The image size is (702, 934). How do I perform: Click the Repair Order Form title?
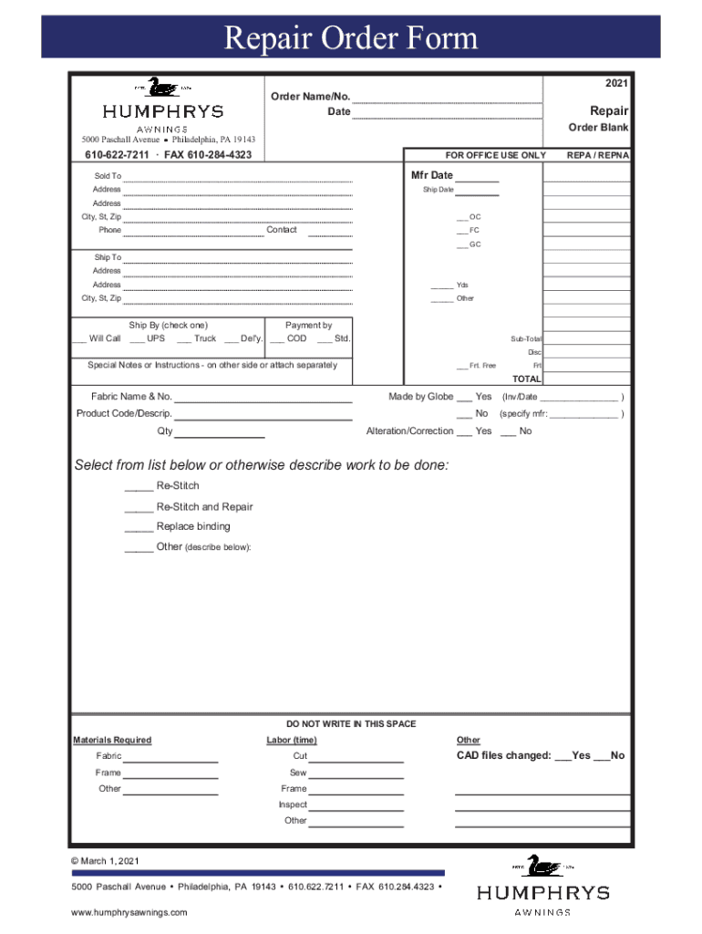(x=351, y=38)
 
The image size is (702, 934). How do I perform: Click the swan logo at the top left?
(x=162, y=88)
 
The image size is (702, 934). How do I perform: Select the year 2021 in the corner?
(x=616, y=84)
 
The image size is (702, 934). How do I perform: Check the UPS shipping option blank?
(x=133, y=339)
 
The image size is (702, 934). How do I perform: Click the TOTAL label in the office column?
(x=526, y=379)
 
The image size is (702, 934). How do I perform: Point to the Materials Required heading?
(x=112, y=740)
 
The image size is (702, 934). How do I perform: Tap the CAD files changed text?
(x=503, y=755)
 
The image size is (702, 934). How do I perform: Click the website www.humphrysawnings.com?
(x=129, y=912)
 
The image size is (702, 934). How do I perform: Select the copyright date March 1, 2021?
(x=108, y=861)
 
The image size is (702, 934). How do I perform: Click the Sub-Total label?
(x=526, y=338)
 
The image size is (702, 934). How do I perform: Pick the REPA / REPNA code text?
(x=597, y=155)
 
